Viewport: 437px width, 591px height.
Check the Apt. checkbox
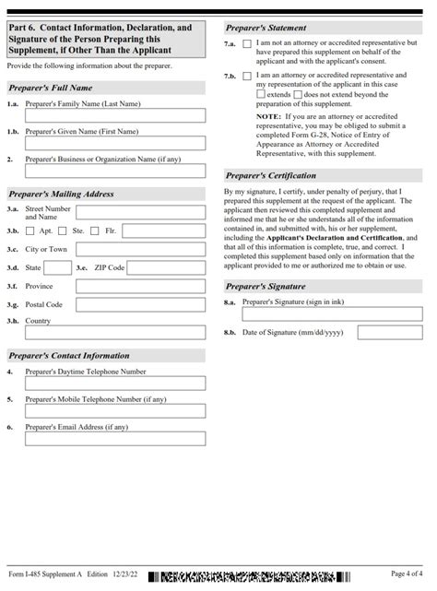pos(31,230)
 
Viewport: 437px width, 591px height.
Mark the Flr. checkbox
pos(98,230)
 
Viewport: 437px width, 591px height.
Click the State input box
pos(56,267)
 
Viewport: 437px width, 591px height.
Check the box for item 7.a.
pos(247,44)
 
